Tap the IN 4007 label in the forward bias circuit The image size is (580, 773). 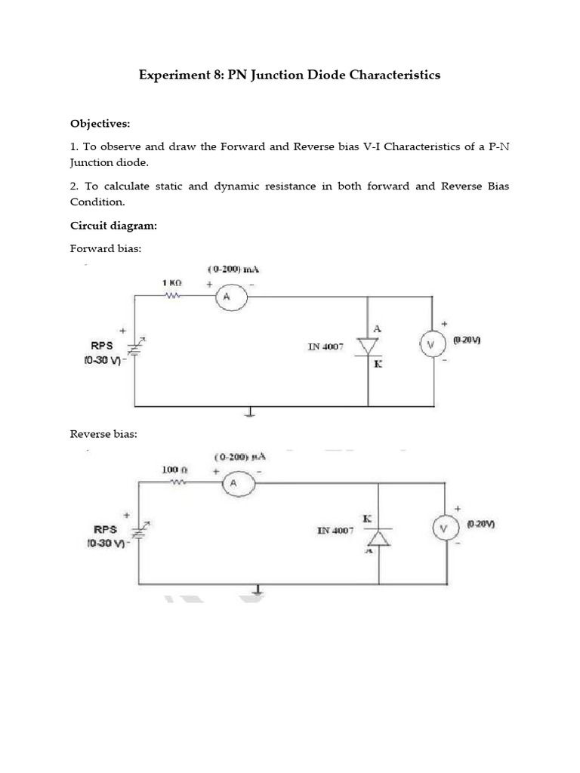tap(325, 346)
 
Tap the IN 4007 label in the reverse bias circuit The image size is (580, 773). tap(335, 531)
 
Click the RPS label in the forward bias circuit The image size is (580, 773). tap(102, 346)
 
